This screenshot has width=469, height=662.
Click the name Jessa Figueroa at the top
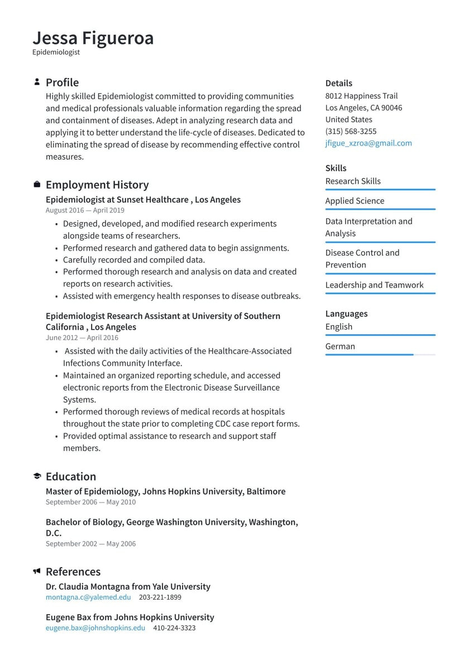click(93, 38)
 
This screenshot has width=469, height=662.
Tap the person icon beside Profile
click(37, 82)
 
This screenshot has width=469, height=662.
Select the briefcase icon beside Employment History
click(37, 184)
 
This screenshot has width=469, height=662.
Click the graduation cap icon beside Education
click(37, 476)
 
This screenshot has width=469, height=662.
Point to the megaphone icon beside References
click(37, 571)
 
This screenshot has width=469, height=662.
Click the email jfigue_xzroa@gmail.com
click(368, 143)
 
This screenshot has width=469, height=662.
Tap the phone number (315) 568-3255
click(351, 131)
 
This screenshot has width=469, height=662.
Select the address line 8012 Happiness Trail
click(361, 96)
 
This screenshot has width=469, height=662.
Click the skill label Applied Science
click(355, 201)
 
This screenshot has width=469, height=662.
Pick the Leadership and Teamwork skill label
click(374, 285)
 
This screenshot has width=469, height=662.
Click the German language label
click(340, 346)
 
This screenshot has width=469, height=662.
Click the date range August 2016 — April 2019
click(85, 210)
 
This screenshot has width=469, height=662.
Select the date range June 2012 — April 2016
click(82, 337)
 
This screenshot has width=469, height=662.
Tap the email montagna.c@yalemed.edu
click(88, 597)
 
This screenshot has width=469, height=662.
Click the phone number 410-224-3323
click(174, 627)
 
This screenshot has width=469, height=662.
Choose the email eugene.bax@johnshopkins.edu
click(95, 627)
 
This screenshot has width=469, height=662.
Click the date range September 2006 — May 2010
click(90, 502)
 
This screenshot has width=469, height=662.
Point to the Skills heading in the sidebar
click(336, 168)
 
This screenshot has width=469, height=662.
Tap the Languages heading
click(346, 313)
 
